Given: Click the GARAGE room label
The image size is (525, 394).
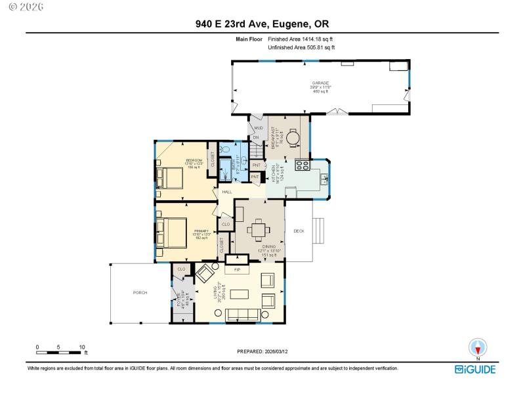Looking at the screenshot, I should tap(320, 83).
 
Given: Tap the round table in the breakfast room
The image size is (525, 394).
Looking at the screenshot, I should tap(293, 137).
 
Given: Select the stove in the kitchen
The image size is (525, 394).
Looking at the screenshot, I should tap(302, 165).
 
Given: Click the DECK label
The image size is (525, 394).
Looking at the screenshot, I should tap(299, 231).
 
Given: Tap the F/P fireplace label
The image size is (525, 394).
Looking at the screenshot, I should tap(236, 269).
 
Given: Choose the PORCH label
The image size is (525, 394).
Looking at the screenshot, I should tap(140, 292).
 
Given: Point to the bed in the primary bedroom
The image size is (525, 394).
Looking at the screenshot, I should tap(170, 232).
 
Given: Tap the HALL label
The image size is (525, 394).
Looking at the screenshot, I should tap(227, 192).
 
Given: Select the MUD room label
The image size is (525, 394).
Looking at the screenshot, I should tap(258, 128).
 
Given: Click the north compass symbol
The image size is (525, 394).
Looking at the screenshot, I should tap(477, 347).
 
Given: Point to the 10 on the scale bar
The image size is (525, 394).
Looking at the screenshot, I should tap(82, 347).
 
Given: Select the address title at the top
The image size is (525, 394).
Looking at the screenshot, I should tap(262, 25).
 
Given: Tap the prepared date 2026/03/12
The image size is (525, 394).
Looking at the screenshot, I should tap(262, 351).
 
